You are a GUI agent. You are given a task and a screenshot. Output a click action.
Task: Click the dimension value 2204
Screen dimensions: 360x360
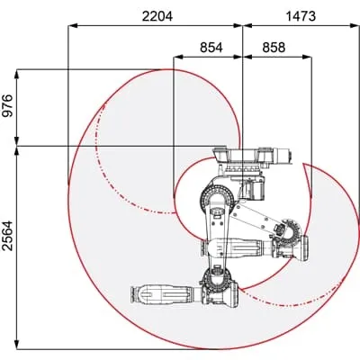(157, 16)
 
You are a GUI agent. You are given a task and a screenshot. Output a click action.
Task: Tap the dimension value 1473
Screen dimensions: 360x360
(301, 16)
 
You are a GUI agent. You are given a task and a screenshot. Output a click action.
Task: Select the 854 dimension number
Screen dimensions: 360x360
(211, 48)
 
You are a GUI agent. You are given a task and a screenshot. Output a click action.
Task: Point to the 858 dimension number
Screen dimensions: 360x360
(274, 48)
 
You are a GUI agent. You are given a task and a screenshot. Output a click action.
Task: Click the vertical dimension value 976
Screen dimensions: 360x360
(8, 105)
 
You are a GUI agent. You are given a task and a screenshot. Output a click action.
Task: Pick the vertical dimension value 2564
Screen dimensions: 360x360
(8, 236)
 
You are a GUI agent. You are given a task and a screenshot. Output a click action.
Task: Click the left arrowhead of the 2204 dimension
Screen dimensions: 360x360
(73, 26)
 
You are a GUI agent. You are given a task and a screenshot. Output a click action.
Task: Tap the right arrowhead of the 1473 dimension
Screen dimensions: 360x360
(355, 26)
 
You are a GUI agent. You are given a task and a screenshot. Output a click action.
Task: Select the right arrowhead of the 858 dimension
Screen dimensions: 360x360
(307, 57)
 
